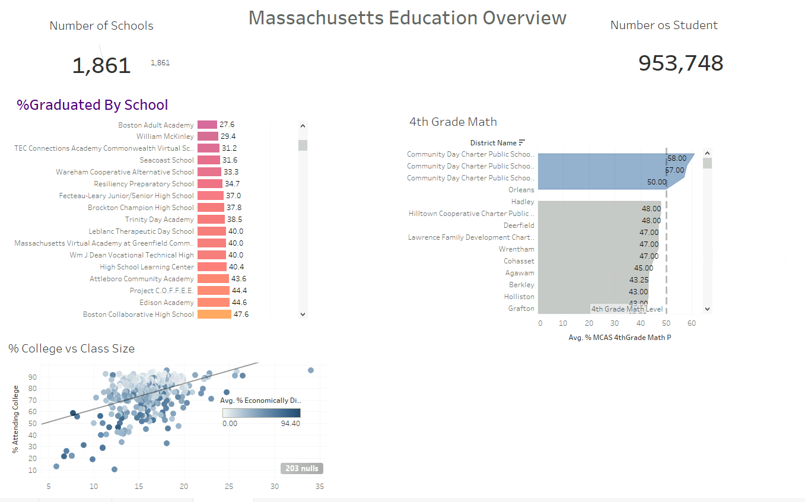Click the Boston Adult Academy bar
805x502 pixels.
[x=207, y=125]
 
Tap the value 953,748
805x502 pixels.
[x=680, y=63]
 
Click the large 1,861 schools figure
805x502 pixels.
[x=101, y=65]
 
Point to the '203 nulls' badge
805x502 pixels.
[x=302, y=469]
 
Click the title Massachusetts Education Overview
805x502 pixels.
[x=408, y=18]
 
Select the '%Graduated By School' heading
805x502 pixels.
[x=93, y=105]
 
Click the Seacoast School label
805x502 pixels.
[x=167, y=160]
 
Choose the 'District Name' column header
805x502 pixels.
[x=493, y=143]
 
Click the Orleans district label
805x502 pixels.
[x=521, y=190]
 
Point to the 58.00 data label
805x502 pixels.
[x=676, y=158]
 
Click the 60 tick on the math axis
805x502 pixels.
[x=691, y=323]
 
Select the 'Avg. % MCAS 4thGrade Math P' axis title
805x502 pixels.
[x=619, y=338]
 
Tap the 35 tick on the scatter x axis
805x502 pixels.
[x=319, y=487]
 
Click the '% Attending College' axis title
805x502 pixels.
[x=16, y=419]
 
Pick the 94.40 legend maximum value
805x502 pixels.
[x=291, y=424]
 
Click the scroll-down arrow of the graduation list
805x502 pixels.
[x=303, y=314]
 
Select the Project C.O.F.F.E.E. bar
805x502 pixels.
[x=213, y=291]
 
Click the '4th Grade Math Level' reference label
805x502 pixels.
[x=627, y=309]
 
